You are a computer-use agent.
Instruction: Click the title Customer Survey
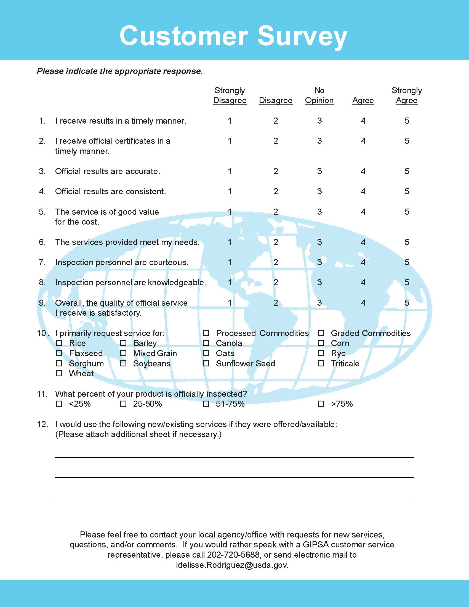pos(233,36)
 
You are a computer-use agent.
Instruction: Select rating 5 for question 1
pos(407,121)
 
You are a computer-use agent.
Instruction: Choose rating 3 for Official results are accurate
pos(319,171)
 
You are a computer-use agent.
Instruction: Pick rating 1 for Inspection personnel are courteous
pos(230,262)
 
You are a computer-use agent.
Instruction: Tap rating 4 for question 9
pos(363,303)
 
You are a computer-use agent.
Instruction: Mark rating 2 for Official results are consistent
pos(276,191)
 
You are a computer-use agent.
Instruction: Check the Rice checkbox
pos(59,343)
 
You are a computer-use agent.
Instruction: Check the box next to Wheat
pos(59,374)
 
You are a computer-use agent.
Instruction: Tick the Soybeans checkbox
pos(123,364)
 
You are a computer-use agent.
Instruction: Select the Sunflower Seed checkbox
pos(206,364)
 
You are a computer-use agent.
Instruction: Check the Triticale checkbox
pos(321,364)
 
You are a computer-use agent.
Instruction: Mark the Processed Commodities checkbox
pos(206,333)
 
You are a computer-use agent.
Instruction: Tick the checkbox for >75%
pos(321,404)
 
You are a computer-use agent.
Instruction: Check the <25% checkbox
pos(59,404)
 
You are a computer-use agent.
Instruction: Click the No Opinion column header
pos(319,95)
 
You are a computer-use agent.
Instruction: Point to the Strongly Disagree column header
pos(230,95)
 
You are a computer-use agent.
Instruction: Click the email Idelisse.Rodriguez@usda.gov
pos(232,565)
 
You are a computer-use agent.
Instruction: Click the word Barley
pos(145,343)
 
